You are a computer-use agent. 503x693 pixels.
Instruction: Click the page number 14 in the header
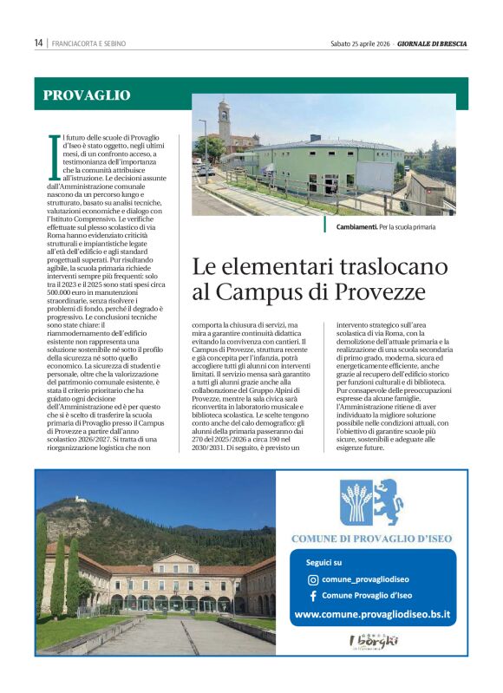point(39,43)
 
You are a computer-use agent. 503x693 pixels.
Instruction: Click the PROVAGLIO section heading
point(87,95)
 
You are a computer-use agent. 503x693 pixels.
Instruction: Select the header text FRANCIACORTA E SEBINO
point(88,43)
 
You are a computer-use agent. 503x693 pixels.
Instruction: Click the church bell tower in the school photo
point(225,123)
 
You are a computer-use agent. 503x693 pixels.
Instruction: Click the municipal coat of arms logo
point(371,501)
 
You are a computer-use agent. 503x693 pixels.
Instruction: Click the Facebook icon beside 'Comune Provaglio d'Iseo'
point(313,596)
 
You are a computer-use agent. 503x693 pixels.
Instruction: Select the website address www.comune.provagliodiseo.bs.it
point(372,614)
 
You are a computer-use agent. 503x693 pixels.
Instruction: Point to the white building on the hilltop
point(82,500)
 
